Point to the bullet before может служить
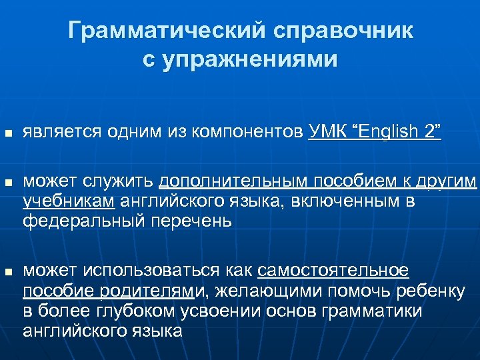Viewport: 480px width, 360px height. [x=8, y=182]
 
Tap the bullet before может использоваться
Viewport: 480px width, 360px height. [x=8, y=271]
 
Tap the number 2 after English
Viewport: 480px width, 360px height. [x=429, y=132]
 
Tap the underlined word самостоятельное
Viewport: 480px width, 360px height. [x=333, y=271]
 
